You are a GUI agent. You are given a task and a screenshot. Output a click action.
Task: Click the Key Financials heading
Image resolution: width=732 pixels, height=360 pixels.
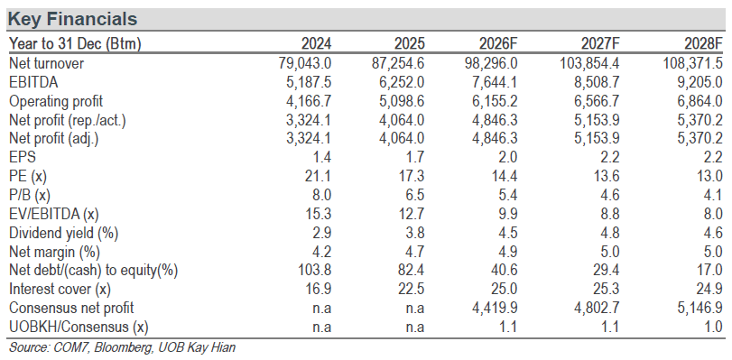coord(73,19)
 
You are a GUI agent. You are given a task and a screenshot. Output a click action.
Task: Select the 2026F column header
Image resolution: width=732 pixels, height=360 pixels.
coord(498,44)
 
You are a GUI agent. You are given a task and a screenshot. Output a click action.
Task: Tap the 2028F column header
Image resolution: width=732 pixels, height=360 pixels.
coord(703,44)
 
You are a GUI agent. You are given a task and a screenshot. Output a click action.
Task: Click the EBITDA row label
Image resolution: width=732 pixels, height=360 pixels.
coord(33,82)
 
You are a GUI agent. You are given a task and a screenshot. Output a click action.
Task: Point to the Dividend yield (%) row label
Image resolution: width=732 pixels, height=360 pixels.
coord(64,233)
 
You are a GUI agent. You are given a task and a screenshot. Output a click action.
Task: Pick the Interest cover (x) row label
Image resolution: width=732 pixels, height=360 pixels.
coord(60,289)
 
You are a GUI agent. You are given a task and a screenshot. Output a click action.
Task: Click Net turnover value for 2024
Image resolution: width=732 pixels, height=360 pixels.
coord(304,63)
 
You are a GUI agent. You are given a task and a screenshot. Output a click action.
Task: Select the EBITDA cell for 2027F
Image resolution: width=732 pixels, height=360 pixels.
coord(598,82)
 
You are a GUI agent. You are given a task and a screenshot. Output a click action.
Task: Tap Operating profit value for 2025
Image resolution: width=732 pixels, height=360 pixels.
coord(402,101)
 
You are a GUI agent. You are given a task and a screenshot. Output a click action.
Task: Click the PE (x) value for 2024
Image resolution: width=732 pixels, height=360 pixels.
coord(319,176)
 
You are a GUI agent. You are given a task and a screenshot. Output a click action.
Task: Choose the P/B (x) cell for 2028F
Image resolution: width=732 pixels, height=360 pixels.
coord(713,195)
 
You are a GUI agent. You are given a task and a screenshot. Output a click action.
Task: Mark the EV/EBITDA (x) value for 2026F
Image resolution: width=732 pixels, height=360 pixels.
coord(507,214)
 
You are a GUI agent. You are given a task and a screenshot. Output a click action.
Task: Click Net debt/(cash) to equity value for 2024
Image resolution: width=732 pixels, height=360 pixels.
coord(315,271)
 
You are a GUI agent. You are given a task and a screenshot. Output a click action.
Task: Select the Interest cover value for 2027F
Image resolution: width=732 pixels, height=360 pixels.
coord(607,289)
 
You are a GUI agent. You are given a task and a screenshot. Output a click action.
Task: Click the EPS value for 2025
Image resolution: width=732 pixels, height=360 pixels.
coord(415,157)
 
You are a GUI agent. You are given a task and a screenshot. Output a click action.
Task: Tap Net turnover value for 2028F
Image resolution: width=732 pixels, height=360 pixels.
coord(693,63)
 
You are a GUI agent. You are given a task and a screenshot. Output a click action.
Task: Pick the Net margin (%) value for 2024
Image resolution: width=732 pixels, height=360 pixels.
coord(321,252)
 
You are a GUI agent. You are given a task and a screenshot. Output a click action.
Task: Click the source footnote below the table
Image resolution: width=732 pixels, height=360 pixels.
coord(122,347)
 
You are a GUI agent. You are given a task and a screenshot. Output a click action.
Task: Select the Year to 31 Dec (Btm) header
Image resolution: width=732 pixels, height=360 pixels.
coord(75,44)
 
